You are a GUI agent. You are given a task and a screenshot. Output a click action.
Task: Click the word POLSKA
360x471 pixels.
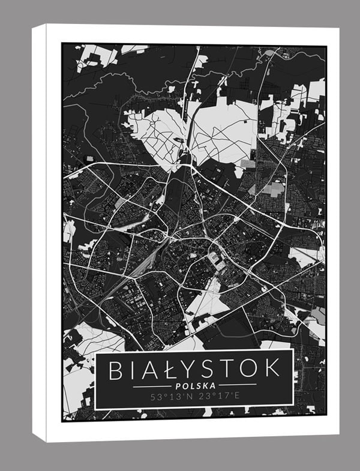tap(194, 385)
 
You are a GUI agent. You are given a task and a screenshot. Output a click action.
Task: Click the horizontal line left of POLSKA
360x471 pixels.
tap(152, 385)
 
